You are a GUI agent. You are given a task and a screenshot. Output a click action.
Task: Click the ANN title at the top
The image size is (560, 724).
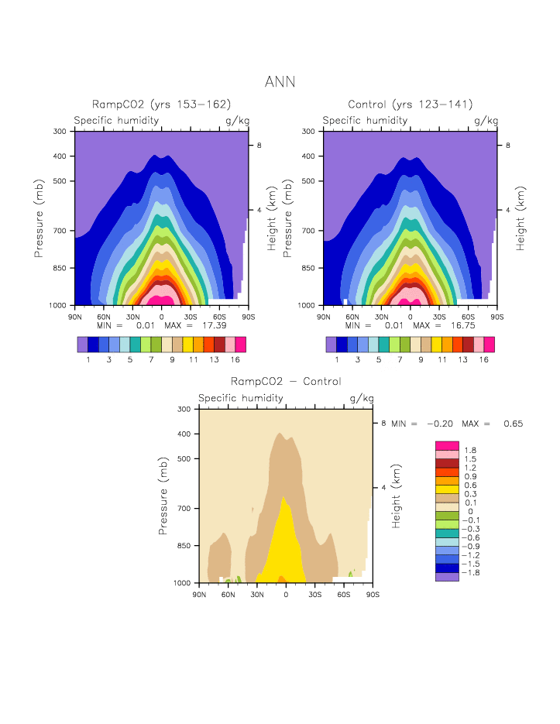point(280,81)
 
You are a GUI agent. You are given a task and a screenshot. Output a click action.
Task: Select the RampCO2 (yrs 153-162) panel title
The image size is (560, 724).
point(162,105)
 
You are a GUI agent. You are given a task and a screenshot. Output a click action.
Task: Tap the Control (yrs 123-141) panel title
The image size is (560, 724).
point(411,105)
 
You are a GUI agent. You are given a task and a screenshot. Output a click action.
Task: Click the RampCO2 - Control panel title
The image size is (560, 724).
point(286,381)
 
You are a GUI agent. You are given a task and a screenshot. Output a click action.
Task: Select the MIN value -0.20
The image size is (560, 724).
point(438,424)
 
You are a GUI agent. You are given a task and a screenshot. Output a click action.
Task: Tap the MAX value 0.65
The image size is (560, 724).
point(513,424)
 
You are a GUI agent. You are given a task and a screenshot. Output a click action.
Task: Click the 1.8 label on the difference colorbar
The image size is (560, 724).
point(470,450)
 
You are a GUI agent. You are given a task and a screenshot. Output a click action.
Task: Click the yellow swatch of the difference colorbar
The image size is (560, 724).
point(447,490)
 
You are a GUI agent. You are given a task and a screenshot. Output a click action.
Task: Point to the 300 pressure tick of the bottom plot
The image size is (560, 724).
point(185,409)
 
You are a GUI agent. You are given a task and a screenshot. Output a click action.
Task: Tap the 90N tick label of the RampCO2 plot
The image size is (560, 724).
point(75,317)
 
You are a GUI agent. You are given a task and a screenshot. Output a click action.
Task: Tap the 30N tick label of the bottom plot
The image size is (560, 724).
point(257,594)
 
